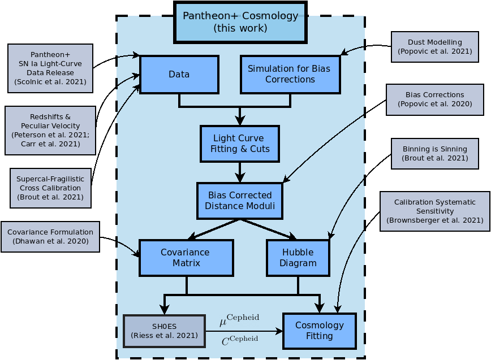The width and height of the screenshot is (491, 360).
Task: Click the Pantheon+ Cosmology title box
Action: tap(240, 22)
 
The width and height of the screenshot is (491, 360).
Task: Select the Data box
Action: tap(179, 75)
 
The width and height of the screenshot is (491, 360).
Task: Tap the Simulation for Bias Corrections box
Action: tap(290, 75)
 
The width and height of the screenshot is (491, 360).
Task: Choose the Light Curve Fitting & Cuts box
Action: tap(240, 144)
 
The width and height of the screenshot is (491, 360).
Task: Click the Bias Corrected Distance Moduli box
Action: tap(240, 201)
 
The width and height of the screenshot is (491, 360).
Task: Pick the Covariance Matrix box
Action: tap(186, 258)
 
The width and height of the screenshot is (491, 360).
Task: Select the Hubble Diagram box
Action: tap(298, 258)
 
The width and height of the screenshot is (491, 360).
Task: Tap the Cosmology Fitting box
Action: tap(320, 331)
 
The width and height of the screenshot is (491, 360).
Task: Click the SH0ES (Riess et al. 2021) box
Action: tap(165, 331)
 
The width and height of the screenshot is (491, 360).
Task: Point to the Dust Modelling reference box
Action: tap(435, 47)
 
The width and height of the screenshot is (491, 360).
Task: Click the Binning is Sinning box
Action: tap(435, 154)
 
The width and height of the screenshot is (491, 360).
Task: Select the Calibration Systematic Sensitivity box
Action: tap(435, 211)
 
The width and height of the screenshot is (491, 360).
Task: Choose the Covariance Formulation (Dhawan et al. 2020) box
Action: tap(50, 237)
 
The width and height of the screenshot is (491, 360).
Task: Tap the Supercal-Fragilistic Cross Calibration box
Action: tap(51, 188)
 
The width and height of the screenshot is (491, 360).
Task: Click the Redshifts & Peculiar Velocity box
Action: tap(50, 131)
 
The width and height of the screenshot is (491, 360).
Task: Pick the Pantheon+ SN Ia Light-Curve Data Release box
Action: tap(50, 68)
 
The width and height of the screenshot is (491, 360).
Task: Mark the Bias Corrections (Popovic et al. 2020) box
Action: tap(435, 99)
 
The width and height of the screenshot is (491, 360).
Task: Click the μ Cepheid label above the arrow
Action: tap(239, 320)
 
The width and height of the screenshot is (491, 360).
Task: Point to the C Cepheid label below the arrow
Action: tap(240, 341)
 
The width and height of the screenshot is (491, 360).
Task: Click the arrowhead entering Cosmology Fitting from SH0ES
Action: tap(279, 331)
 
